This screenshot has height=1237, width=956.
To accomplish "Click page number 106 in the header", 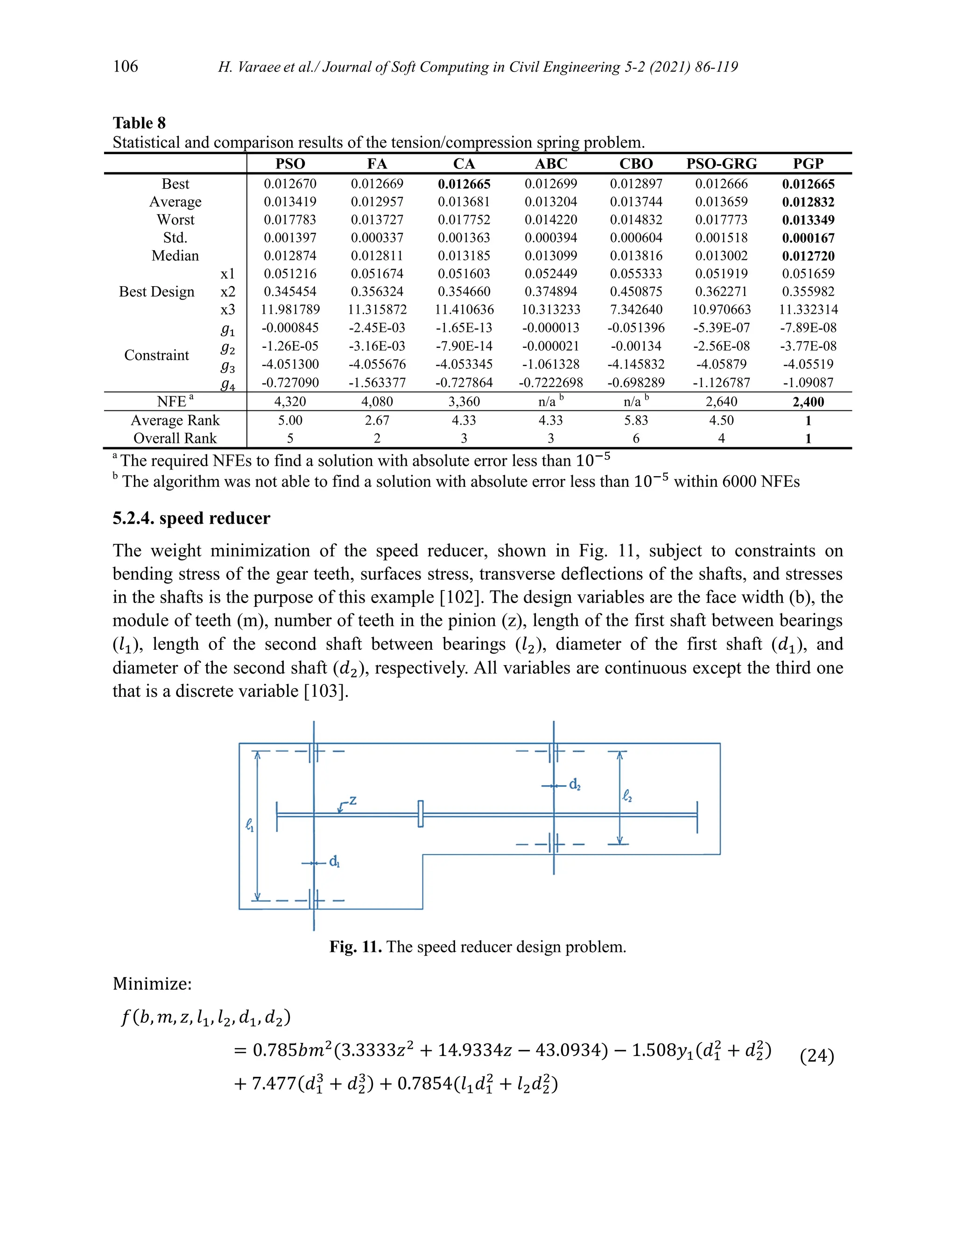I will pyautogui.click(x=125, y=66).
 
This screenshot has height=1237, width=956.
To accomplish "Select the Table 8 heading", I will pyautogui.click(x=139, y=123).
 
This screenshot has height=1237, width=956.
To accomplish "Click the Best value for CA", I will pyautogui.click(x=464, y=184).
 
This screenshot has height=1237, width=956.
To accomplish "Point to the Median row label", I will pyautogui.click(x=175, y=256).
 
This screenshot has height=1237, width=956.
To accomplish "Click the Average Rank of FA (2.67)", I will pyautogui.click(x=377, y=420).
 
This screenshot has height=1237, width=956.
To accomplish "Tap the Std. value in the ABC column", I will pyautogui.click(x=550, y=238).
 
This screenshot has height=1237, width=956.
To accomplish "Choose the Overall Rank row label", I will pyautogui.click(x=175, y=438).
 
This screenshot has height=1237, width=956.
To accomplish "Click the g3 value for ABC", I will pyautogui.click(x=550, y=364).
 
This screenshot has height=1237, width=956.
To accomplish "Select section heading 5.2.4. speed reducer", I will pyautogui.click(x=191, y=518).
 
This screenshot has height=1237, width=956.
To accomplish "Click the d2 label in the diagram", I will pyautogui.click(x=574, y=785).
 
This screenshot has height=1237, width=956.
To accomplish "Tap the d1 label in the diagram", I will pyautogui.click(x=334, y=862).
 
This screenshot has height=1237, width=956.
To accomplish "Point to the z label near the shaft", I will pyautogui.click(x=352, y=800).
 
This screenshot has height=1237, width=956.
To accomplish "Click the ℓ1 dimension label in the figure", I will pyautogui.click(x=250, y=826).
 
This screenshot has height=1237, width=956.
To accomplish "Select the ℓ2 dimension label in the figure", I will pyautogui.click(x=627, y=796).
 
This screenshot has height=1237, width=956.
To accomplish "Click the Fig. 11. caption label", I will pyautogui.click(x=356, y=947).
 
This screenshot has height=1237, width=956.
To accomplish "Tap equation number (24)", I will pyautogui.click(x=817, y=1056).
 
